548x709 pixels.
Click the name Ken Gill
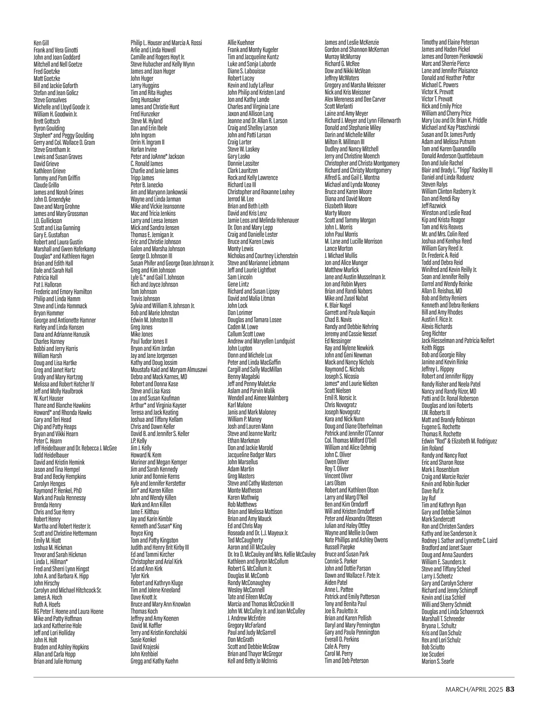coord(41,43)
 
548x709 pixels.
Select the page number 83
coord(510,689)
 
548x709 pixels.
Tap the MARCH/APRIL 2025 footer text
coord(474,689)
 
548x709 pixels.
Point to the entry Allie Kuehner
coord(241,43)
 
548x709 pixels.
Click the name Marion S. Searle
coord(437,661)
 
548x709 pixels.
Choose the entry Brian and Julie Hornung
coord(58,661)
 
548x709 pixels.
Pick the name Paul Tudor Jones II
coord(149,341)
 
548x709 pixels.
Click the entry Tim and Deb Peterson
coord(347,661)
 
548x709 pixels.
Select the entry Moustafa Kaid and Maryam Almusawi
coord(169,369)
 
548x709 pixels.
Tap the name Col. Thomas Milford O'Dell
coord(350,441)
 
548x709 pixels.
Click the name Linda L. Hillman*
coord(51,561)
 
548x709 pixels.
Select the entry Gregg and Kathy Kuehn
coord(155,661)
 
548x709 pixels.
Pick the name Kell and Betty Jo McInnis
coord(253,661)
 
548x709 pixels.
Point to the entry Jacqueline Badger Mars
coord(252,455)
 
